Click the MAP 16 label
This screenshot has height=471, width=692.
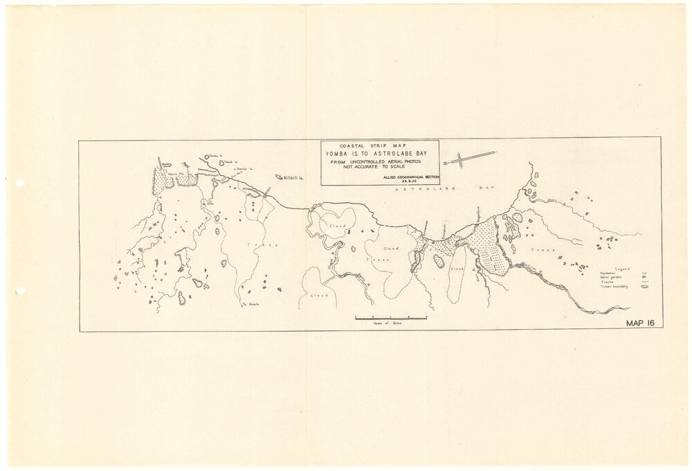pos(640,323)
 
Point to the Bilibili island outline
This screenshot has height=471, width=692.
pos(280,177)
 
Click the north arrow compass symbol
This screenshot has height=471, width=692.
pos(471,159)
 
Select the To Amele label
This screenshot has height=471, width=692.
pos(248,305)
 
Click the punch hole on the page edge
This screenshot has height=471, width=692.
pos(20,183)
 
